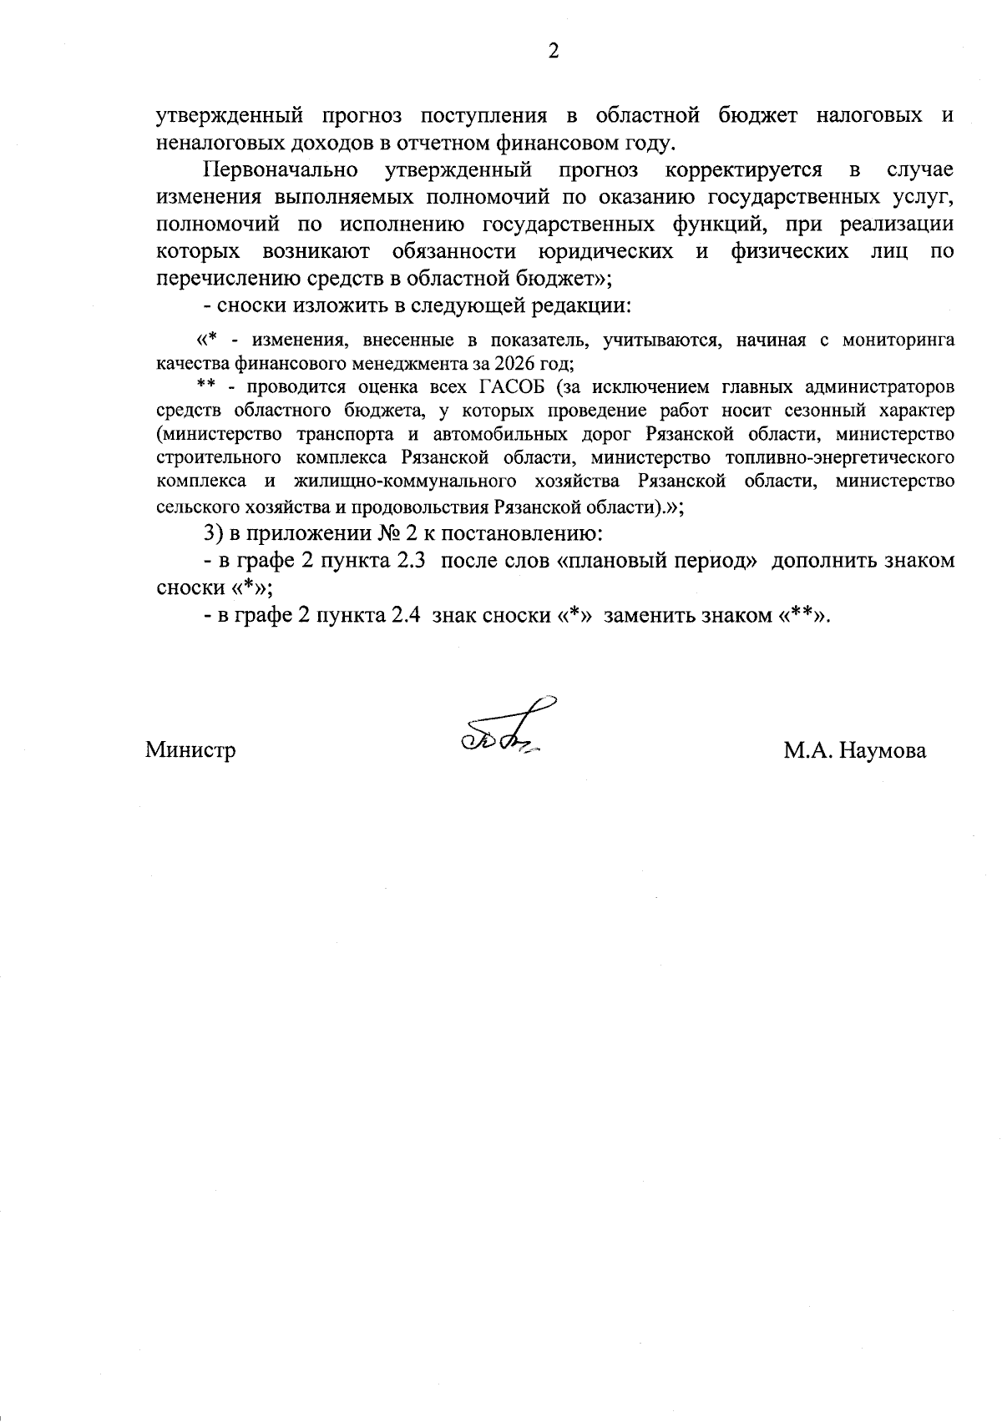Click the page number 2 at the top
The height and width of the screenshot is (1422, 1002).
tap(553, 52)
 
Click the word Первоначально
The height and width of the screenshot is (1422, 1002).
tap(281, 171)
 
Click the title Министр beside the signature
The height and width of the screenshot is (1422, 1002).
tap(191, 750)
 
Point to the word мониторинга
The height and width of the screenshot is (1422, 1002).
tap(898, 340)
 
